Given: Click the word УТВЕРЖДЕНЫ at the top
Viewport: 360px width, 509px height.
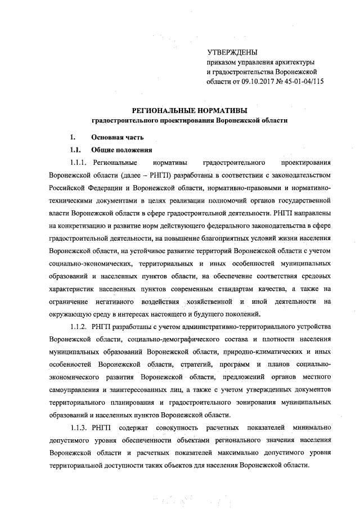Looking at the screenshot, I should coord(232,52).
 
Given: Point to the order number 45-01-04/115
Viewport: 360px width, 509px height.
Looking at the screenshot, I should coord(304,81).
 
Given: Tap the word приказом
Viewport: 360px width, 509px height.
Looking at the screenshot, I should coord(224,62).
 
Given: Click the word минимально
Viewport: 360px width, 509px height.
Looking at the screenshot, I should coord(315,428).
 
